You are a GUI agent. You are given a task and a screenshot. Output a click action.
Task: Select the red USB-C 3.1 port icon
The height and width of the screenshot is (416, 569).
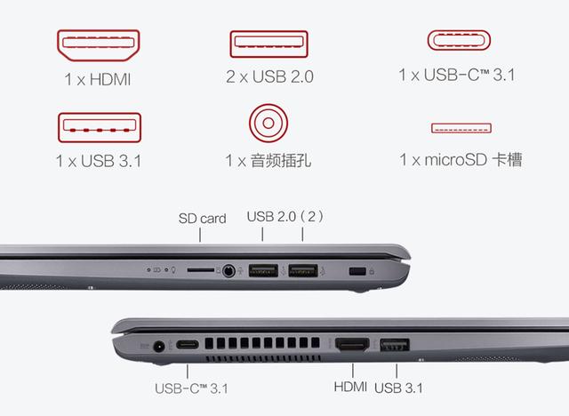(461, 42)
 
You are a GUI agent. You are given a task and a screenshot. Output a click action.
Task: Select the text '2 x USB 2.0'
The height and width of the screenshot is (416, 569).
(268, 80)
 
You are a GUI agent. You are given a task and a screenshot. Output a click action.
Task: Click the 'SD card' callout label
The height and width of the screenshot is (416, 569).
(202, 218)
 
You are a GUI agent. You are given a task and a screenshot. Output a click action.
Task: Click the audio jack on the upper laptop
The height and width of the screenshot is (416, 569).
(231, 268)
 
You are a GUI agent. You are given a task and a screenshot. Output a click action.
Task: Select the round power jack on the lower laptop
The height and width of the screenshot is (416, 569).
(161, 346)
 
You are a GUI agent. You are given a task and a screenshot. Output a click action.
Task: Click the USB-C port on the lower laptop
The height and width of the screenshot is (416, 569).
(188, 346)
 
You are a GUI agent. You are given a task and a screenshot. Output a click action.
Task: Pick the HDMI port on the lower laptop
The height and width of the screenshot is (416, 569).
(353, 346)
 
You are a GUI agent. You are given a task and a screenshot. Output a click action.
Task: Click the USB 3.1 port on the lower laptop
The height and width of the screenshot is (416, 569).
(392, 345)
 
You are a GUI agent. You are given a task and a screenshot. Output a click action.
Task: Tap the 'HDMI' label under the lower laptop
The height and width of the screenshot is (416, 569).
(350, 388)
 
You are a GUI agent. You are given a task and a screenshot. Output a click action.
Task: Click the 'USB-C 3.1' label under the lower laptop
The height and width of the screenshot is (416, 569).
(189, 388)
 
